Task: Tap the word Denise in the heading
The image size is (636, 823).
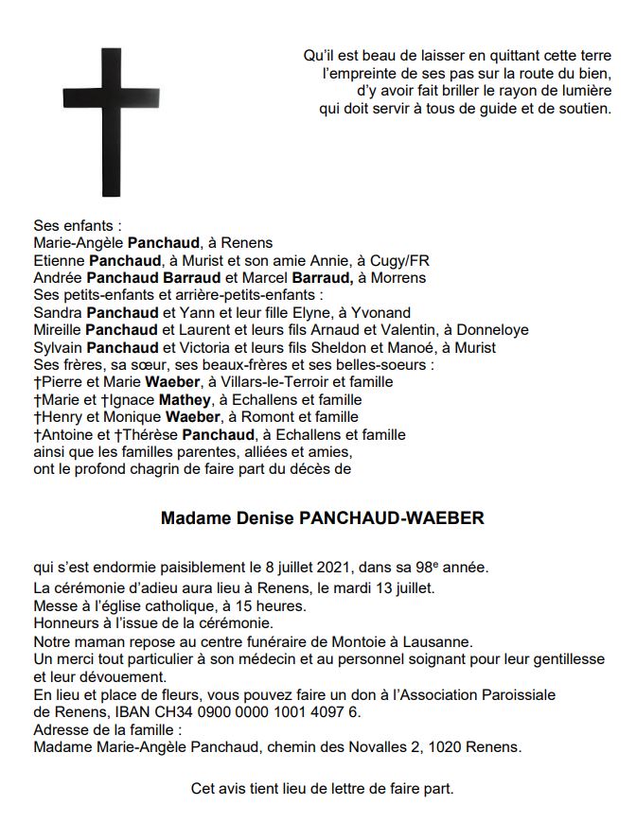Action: [262, 518]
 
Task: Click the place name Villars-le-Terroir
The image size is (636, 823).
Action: [260, 382]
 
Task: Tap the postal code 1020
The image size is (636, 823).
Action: [446, 747]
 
